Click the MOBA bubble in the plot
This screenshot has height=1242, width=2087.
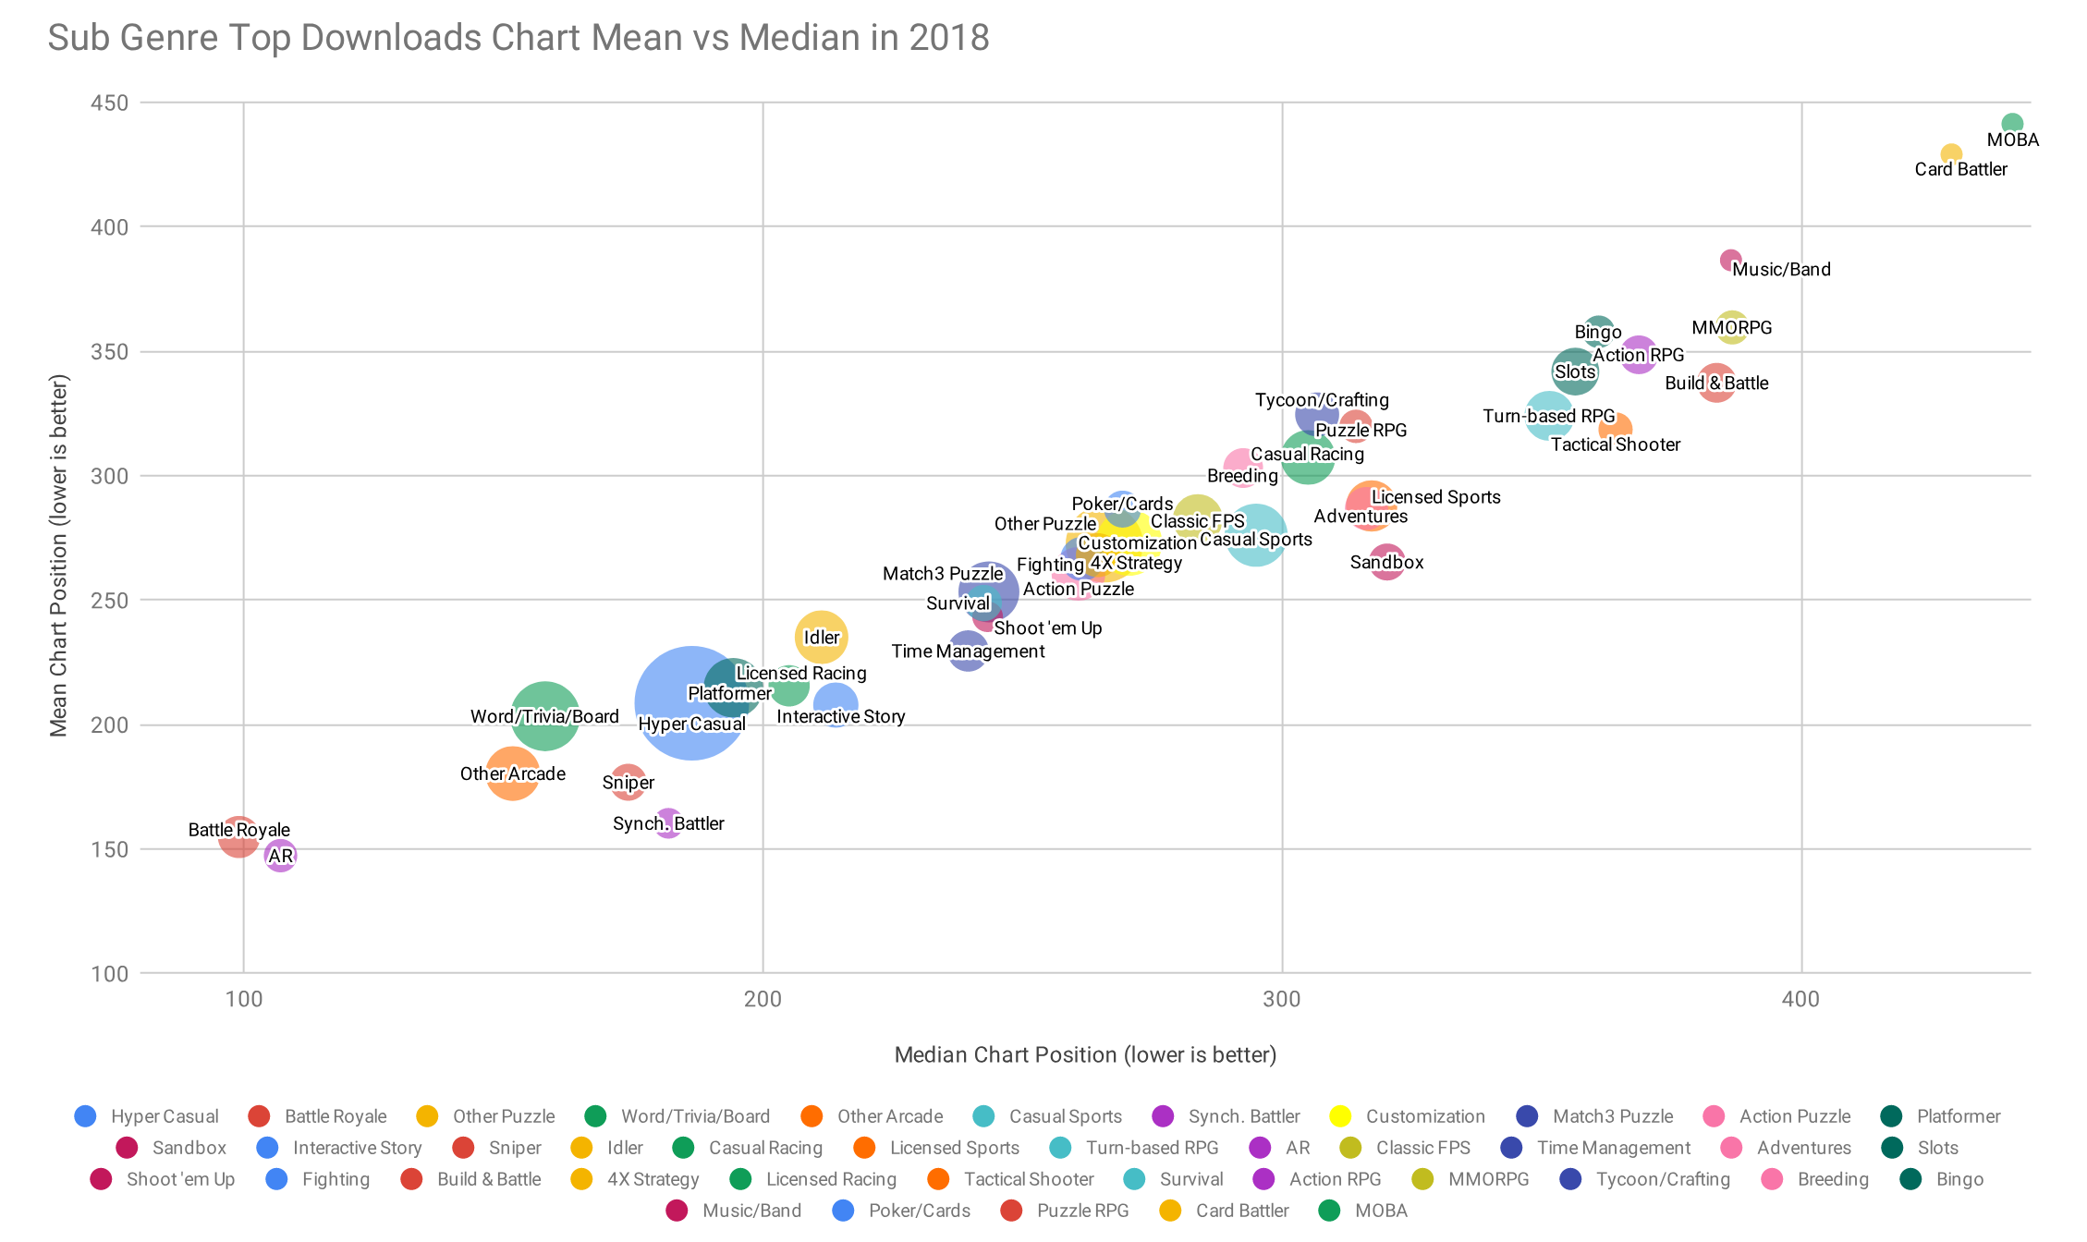tap(2012, 124)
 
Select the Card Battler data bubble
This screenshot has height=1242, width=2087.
tap(1951, 154)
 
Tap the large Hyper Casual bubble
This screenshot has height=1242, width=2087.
tap(690, 703)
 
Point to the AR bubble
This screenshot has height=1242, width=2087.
tap(280, 856)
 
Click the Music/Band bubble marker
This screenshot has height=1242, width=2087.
tap(1731, 261)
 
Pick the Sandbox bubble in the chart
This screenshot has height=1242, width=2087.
tap(1386, 562)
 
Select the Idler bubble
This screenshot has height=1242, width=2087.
tap(821, 637)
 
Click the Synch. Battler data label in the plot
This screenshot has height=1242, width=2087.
tap(668, 823)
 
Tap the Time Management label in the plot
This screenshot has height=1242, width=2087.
tap(968, 651)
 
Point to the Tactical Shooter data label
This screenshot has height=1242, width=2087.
tap(1616, 444)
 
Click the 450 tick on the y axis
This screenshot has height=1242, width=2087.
tap(109, 103)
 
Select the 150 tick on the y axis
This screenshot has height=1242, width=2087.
tap(109, 849)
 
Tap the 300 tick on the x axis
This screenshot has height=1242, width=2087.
tap(1282, 999)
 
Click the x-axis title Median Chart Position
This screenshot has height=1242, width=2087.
tap(1085, 1054)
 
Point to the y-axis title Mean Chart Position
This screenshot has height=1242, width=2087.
tap(58, 555)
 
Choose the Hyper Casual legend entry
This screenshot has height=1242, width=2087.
tap(147, 1116)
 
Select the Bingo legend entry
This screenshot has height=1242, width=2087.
tap(1942, 1179)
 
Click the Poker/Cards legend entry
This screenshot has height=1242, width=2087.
tap(901, 1211)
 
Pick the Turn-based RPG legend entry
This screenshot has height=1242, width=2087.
tap(1135, 1148)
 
